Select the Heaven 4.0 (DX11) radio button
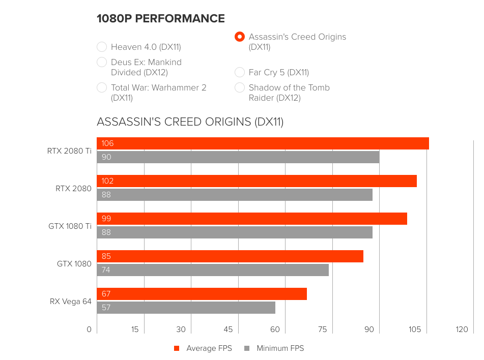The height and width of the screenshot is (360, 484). pos(102,47)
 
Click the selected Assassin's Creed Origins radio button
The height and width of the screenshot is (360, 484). pos(240,37)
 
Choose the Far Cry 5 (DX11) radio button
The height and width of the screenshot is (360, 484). pos(240,73)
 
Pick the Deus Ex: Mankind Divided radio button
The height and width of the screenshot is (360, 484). pos(102,63)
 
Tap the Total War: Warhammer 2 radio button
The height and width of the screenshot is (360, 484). pos(102,88)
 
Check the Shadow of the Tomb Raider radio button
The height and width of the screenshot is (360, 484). pos(240,88)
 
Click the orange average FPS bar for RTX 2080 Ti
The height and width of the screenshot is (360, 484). pos(263,143)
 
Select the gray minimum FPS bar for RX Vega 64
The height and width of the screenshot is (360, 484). pos(186,308)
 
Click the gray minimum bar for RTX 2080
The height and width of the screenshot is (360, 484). pos(235,195)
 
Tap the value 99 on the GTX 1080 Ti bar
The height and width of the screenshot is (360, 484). pos(106,219)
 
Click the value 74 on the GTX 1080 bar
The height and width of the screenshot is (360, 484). pos(106,270)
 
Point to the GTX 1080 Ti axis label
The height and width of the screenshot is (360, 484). pos(70,226)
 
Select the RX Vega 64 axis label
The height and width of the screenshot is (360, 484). pos(71,302)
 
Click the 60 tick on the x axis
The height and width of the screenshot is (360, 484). pos(275,329)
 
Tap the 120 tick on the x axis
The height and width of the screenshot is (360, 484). pos(462,329)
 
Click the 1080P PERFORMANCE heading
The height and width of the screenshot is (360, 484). pos(161,19)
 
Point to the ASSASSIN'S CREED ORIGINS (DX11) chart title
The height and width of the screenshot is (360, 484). pos(190,122)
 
